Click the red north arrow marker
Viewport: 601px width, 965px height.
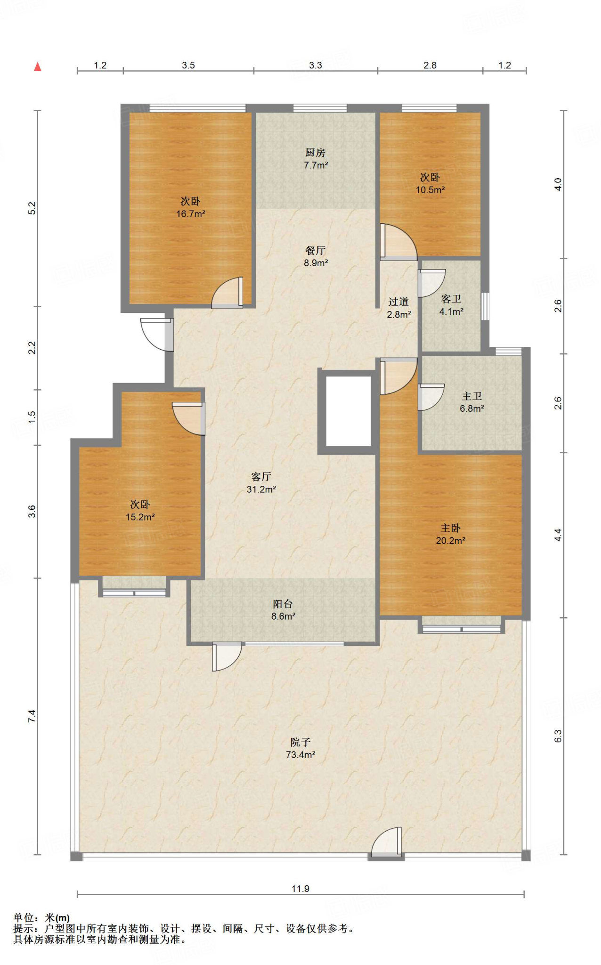(38, 67)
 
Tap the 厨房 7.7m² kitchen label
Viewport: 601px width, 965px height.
(316, 159)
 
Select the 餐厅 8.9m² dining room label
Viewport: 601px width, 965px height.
(316, 257)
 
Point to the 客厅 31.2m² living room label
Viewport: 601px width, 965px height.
(261, 483)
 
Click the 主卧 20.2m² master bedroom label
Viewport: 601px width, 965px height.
(451, 534)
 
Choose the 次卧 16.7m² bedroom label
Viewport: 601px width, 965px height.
(191, 207)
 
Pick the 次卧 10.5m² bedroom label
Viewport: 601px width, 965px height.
(430, 183)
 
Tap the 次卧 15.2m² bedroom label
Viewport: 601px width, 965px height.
(140, 510)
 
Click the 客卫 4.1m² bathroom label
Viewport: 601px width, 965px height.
(451, 305)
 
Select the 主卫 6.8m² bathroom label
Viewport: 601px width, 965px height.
(472, 402)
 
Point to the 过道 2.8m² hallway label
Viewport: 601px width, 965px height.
(399, 308)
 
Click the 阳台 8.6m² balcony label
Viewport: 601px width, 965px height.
(283, 610)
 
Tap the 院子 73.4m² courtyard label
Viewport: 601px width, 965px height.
(300, 748)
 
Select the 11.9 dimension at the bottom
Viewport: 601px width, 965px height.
(300, 889)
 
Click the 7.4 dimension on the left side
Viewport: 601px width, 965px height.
(32, 716)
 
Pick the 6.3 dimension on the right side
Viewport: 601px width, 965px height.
(558, 736)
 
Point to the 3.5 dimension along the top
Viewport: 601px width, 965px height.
(188, 65)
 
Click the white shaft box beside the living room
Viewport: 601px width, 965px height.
(349, 411)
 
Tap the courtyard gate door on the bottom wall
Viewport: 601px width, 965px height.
(386, 844)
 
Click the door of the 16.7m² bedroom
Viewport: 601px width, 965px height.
(227, 293)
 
